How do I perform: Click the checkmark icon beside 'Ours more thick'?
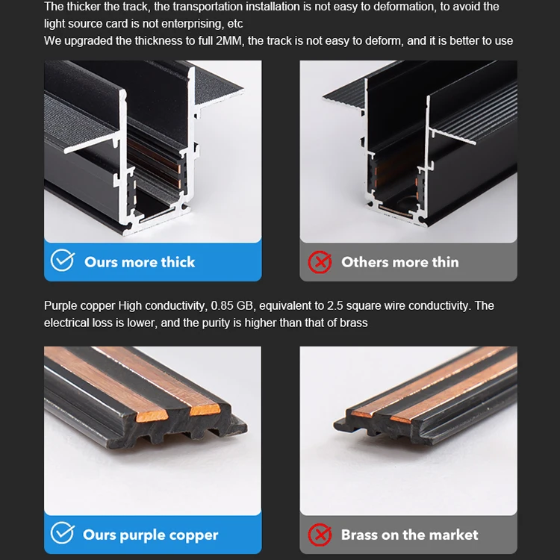[63, 260]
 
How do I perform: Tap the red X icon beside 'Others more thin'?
[320, 262]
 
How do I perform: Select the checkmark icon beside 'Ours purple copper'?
[63, 533]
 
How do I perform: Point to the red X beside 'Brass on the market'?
[320, 535]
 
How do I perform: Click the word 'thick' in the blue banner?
[178, 262]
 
